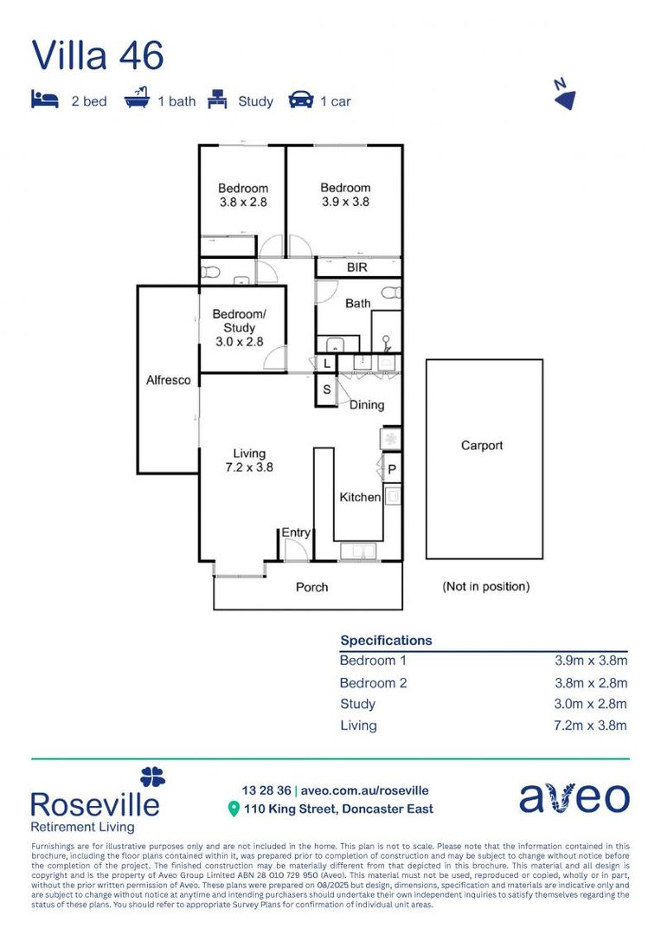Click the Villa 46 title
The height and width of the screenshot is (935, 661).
(97, 55)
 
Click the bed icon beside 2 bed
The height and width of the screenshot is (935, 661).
(44, 100)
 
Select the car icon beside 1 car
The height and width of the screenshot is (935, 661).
(301, 100)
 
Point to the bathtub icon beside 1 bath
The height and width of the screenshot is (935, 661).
(137, 100)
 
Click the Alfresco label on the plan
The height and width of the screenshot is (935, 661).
(168, 380)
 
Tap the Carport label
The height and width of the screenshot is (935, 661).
(482, 446)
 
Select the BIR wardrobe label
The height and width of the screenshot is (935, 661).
(357, 268)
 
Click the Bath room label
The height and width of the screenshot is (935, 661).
(357, 303)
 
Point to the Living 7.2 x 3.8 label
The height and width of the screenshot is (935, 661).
(249, 461)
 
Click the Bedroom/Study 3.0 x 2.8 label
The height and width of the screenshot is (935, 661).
(239, 328)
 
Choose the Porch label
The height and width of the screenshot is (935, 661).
(311, 587)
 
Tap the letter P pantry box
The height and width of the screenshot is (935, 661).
(391, 470)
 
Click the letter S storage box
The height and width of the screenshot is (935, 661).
(327, 390)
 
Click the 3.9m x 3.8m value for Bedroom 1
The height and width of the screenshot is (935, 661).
(590, 661)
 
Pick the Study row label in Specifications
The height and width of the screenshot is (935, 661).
(357, 704)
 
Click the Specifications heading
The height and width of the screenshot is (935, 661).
(386, 641)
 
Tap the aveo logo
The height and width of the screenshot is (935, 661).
(574, 798)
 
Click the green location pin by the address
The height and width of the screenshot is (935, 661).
(233, 809)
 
